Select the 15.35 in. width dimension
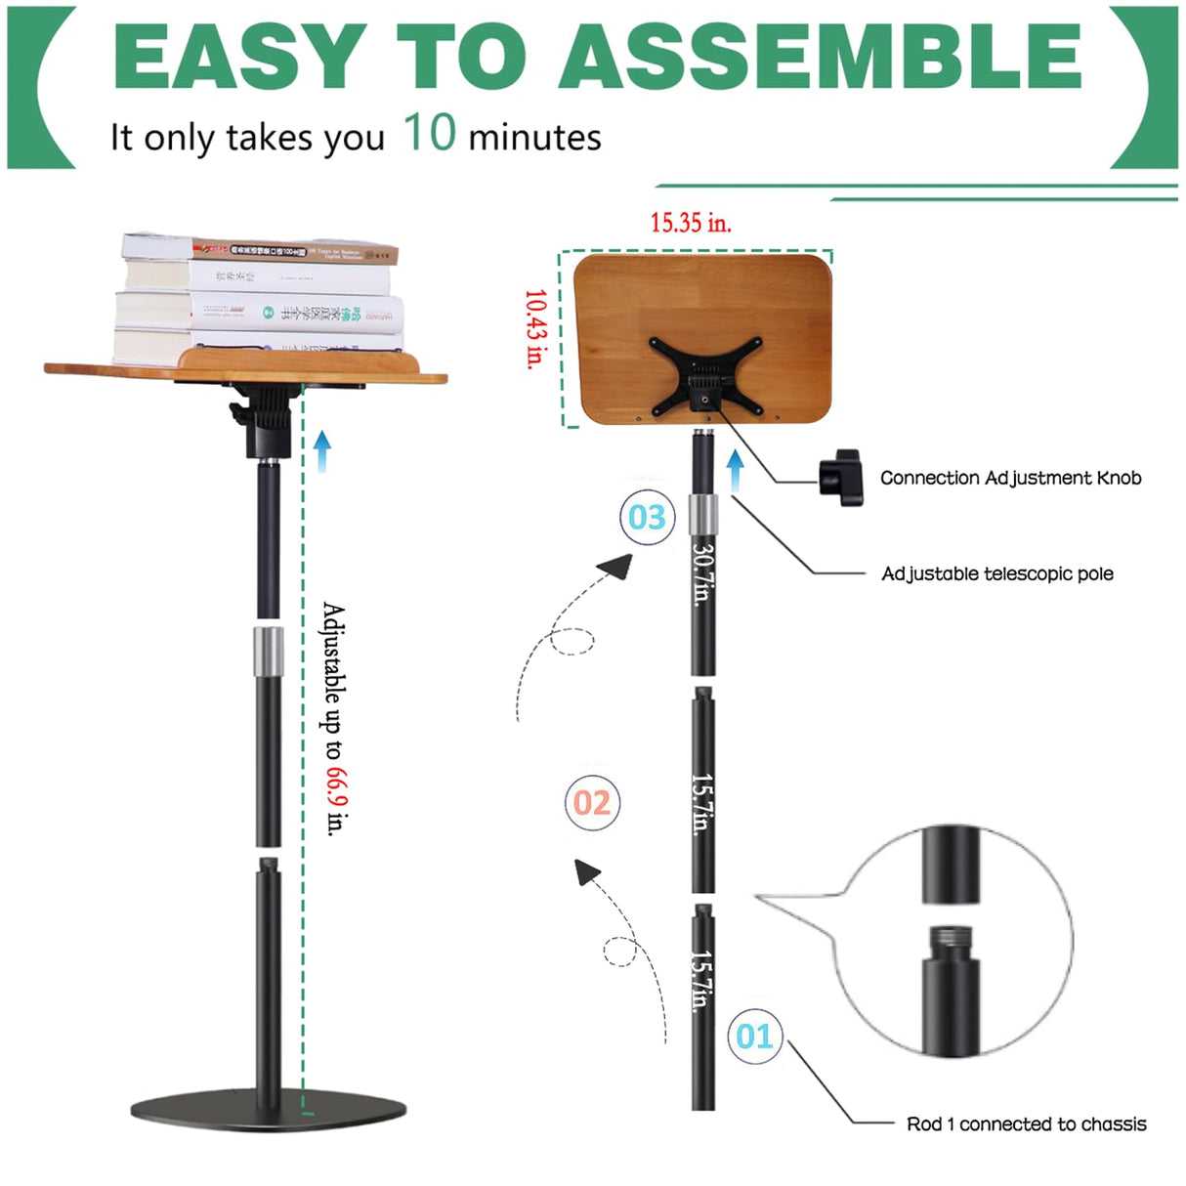[691, 223]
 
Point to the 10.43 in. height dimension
[534, 328]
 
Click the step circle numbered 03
[647, 517]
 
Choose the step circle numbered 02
[592, 803]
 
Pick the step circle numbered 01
[754, 1036]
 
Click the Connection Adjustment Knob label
[1010, 478]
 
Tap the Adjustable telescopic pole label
[996, 573]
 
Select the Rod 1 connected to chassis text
[1026, 1123]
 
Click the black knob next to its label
[841, 477]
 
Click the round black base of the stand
[269, 1110]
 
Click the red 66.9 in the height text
[335, 787]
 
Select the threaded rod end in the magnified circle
[950, 942]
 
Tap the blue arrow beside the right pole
[736, 469]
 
